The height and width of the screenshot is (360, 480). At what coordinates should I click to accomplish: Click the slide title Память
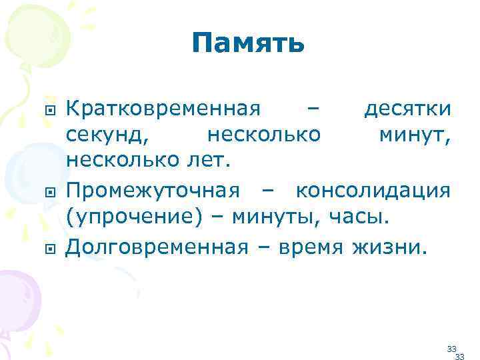pos(247,45)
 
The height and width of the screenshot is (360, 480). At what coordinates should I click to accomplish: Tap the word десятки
pos(407,108)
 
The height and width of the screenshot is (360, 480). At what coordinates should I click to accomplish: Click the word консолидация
pos(373,191)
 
